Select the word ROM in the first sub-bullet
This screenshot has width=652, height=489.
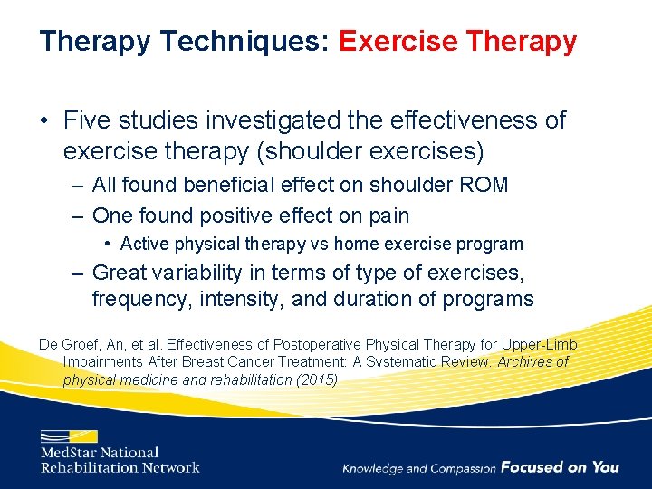tap(484, 185)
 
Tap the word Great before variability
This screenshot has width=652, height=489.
tap(121, 273)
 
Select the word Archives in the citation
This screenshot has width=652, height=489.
tap(519, 362)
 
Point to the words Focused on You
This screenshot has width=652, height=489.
tap(560, 467)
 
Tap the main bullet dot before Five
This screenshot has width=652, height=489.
tap(44, 120)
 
